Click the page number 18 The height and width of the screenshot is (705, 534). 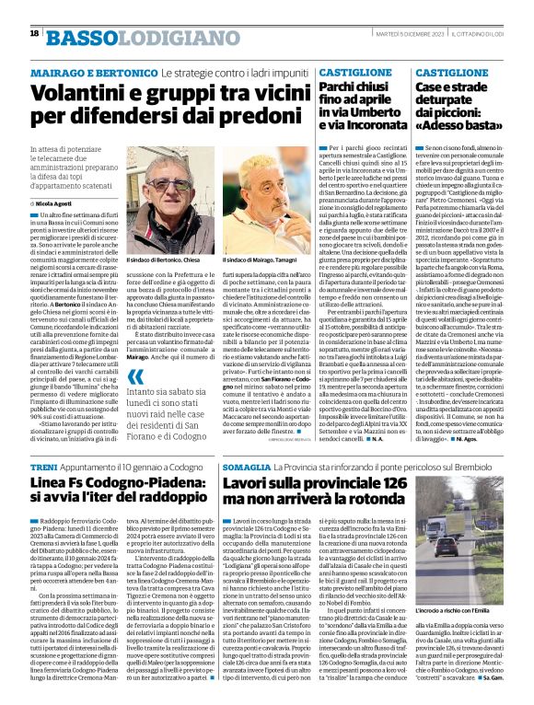pyautogui.click(x=34, y=34)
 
